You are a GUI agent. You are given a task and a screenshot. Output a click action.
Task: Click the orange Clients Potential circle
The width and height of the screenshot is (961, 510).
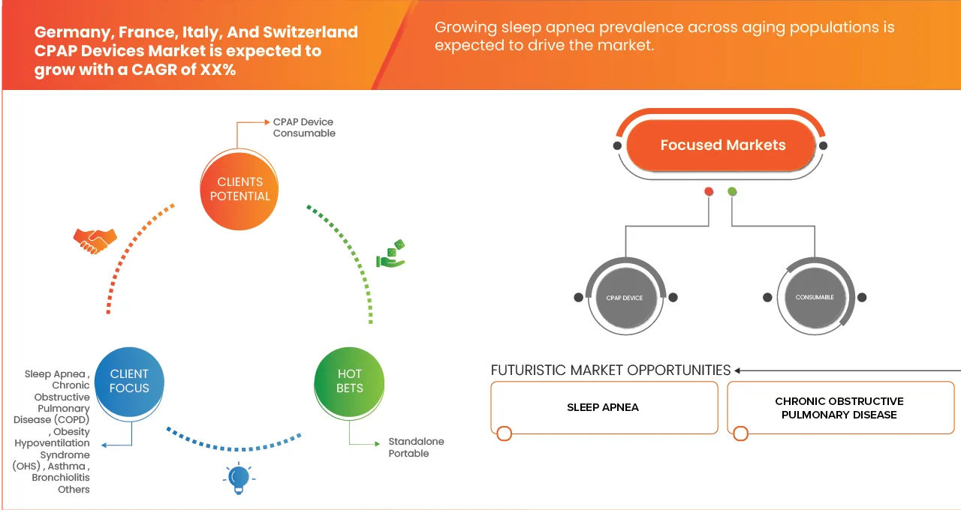pyautogui.click(x=239, y=189)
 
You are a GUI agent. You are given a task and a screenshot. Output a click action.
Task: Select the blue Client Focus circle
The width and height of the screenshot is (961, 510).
pyautogui.click(x=129, y=381)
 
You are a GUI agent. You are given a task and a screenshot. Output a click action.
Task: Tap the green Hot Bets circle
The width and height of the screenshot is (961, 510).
pyautogui.click(x=349, y=381)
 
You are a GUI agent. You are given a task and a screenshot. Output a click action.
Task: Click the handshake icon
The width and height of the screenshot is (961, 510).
pyautogui.click(x=95, y=241)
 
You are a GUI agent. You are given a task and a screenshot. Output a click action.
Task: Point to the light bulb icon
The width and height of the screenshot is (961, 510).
pyautogui.click(x=238, y=478)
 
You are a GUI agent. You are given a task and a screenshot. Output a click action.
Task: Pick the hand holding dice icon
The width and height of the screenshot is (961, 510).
pyautogui.click(x=390, y=254)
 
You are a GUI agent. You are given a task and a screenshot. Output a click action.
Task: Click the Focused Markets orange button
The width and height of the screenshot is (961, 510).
pyautogui.click(x=722, y=145)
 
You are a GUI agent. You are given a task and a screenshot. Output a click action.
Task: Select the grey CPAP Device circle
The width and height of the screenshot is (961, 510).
pyautogui.click(x=625, y=298)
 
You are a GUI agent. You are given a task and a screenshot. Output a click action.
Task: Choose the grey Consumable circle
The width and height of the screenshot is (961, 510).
pyautogui.click(x=815, y=298)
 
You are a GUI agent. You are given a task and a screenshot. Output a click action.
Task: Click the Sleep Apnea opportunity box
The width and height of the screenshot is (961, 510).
pyautogui.click(x=604, y=407)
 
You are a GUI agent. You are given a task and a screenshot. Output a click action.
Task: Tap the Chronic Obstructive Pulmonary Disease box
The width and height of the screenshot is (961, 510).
pyautogui.click(x=839, y=407)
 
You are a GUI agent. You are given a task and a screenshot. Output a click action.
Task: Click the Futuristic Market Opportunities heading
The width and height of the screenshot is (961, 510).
pyautogui.click(x=610, y=370)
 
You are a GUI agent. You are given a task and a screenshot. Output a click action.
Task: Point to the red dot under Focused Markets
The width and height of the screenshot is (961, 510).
pyautogui.click(x=708, y=192)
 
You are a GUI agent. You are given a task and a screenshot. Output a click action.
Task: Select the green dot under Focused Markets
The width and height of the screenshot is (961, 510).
pyautogui.click(x=732, y=192)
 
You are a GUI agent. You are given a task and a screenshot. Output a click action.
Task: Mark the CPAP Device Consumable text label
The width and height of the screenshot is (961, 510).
pyautogui.click(x=304, y=127)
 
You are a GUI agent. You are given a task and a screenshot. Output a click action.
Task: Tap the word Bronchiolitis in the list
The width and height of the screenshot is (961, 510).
pyautogui.click(x=61, y=478)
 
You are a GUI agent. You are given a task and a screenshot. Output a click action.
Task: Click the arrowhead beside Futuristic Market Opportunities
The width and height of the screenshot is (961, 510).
pyautogui.click(x=739, y=370)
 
